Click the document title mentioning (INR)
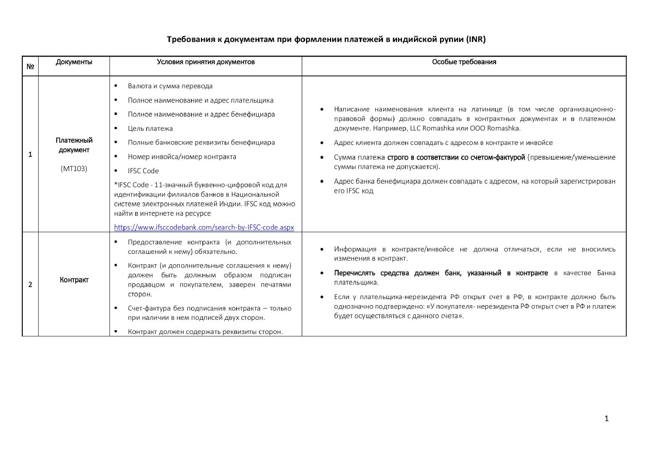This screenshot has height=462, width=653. (x=326, y=40)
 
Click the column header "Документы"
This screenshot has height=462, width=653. (x=74, y=62)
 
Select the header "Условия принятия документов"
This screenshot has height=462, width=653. (x=205, y=62)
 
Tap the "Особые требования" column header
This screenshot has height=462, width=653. (x=464, y=62)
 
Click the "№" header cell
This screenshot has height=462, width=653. (x=30, y=66)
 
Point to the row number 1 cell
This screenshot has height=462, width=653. (x=30, y=154)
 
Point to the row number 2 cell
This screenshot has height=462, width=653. (x=30, y=284)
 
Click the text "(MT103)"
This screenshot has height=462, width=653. (x=74, y=168)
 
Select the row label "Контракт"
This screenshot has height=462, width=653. (x=74, y=280)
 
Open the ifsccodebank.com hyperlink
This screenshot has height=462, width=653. (x=208, y=227)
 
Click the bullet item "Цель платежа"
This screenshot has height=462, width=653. (x=150, y=129)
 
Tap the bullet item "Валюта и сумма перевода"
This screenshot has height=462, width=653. (x=170, y=86)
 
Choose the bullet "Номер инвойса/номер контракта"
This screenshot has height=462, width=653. (x=182, y=157)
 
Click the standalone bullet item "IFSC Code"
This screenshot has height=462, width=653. (x=143, y=171)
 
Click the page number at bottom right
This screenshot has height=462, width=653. (x=607, y=418)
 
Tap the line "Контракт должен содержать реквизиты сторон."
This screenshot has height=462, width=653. (x=205, y=332)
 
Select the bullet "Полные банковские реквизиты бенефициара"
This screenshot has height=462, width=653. (x=201, y=143)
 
